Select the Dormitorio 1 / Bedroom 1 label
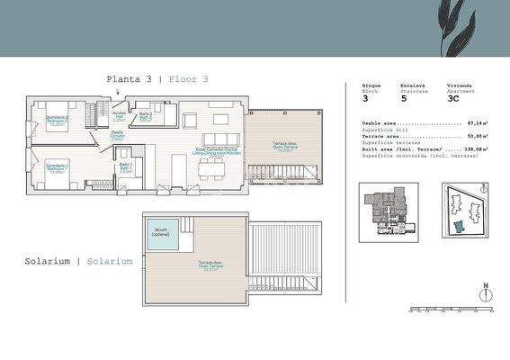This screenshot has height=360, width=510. tap(58, 168)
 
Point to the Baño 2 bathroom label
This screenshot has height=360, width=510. tap(145, 118)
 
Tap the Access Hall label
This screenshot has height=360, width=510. tap(119, 117)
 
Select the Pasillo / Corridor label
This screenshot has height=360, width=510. tap(118, 137)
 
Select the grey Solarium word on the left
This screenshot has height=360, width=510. tap(49, 261)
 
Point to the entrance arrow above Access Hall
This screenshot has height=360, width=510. tap(118, 105)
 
